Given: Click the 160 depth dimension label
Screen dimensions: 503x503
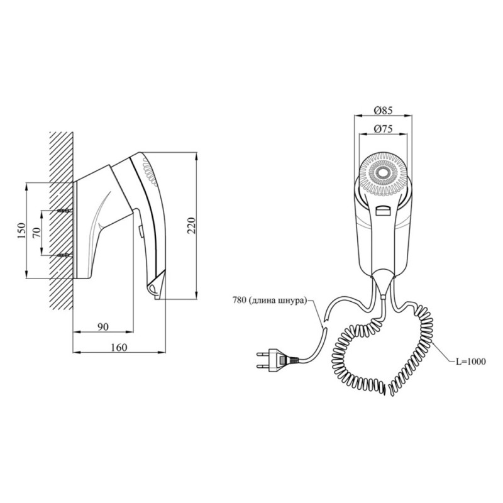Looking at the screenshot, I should [x=118, y=346].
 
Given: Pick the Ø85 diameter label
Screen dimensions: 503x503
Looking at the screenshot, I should [x=383, y=110].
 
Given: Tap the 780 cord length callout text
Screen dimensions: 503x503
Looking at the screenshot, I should [x=272, y=301].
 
